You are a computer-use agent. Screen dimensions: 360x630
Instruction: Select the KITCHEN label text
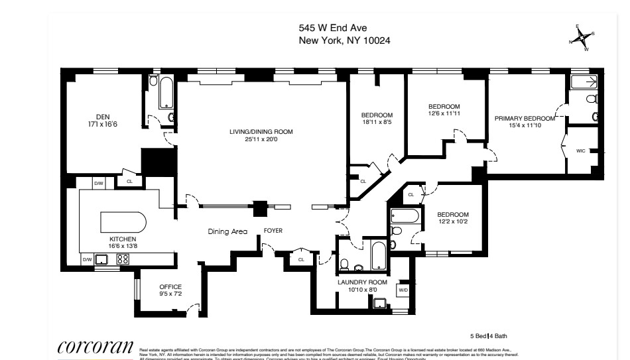click(123, 239)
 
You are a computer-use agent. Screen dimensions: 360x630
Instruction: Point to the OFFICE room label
click(170, 286)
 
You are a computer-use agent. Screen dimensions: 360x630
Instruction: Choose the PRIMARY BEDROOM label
click(524, 118)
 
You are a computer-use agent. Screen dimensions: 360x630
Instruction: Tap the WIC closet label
click(581, 151)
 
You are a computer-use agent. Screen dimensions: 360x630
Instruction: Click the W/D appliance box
click(403, 290)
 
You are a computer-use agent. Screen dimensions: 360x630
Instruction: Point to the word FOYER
click(274, 231)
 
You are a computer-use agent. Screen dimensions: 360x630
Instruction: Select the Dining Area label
click(227, 231)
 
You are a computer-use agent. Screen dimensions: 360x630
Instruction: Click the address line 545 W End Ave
click(332, 28)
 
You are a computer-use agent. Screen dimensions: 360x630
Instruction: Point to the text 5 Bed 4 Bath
click(487, 337)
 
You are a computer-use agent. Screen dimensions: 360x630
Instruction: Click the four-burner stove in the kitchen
click(123, 260)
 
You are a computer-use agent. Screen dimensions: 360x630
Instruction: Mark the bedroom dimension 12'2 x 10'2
click(452, 222)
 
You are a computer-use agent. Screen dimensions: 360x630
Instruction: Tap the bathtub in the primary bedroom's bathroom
click(584, 82)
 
